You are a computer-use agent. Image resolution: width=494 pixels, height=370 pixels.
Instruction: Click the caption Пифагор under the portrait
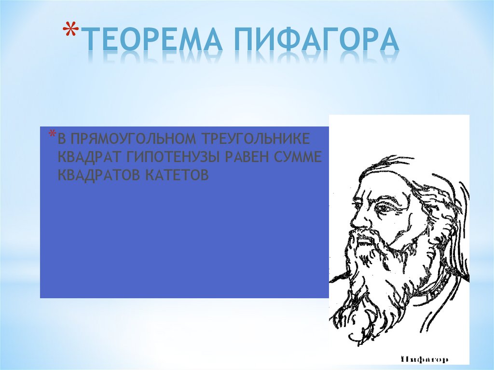click(x=425, y=359)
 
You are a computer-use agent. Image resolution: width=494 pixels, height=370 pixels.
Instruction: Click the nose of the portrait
click(x=356, y=219)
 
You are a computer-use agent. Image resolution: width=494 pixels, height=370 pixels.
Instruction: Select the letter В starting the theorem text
click(x=61, y=139)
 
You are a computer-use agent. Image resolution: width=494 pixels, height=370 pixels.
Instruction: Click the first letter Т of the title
click(x=89, y=41)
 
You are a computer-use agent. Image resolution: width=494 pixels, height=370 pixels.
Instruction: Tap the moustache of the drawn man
click(x=369, y=236)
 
